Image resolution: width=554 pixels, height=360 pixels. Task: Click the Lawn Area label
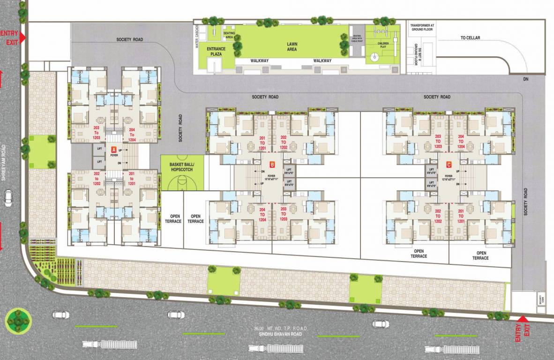(292, 46)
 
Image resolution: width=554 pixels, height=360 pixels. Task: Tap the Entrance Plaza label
(216, 51)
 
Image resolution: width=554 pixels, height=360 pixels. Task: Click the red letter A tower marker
(113, 149)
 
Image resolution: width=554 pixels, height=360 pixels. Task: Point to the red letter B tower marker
(272, 165)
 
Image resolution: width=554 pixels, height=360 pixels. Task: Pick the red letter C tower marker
(449, 165)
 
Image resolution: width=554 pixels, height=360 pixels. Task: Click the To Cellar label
(470, 37)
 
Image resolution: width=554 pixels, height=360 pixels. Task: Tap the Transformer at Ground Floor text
(423, 27)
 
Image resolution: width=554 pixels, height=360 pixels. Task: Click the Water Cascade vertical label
(198, 36)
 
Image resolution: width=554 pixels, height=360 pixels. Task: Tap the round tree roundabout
(18, 320)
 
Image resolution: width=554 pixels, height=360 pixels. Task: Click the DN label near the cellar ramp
(526, 79)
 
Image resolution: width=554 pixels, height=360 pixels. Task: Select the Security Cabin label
(541, 299)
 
